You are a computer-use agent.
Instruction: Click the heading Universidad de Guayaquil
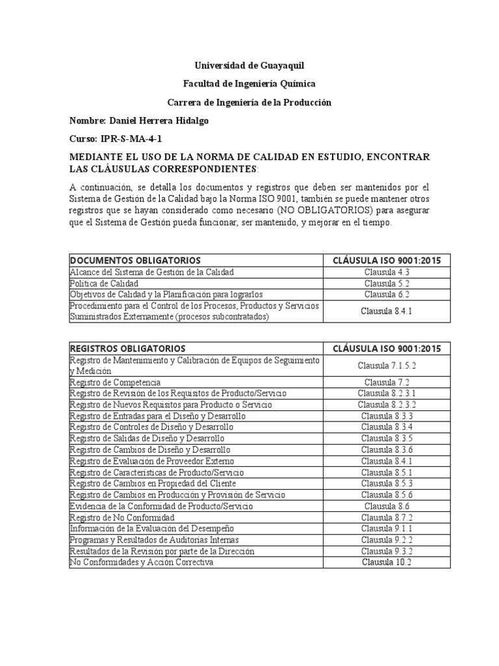click(x=249, y=66)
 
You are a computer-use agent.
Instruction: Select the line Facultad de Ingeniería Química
click(x=249, y=84)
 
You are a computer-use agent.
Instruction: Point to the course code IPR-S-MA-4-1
click(x=129, y=139)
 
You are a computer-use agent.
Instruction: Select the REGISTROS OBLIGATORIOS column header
click(x=127, y=349)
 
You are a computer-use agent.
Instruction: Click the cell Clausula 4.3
click(x=387, y=272)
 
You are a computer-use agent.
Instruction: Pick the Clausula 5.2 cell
click(x=387, y=284)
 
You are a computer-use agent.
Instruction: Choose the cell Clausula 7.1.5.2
click(x=387, y=366)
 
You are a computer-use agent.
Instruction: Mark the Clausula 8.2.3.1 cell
click(x=387, y=393)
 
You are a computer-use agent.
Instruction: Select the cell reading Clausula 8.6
click(x=387, y=506)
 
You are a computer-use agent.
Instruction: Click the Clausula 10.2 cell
click(x=387, y=562)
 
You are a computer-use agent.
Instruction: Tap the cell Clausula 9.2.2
click(x=387, y=540)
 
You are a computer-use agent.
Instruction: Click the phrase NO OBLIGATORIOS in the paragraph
click(x=314, y=211)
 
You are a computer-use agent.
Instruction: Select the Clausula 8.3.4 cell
click(x=387, y=427)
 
